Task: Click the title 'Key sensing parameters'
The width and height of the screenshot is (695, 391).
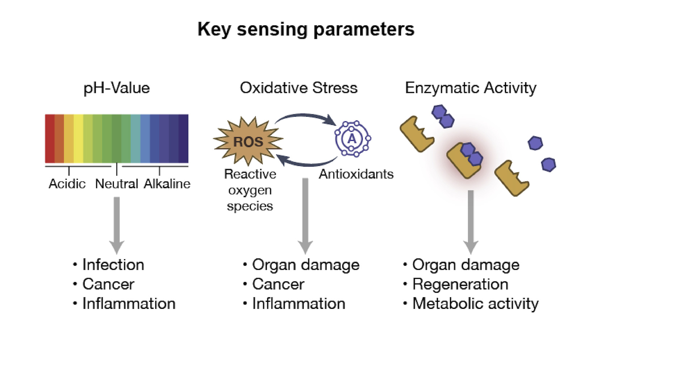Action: coord(306,29)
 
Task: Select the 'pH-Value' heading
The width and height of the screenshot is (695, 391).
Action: coord(117,88)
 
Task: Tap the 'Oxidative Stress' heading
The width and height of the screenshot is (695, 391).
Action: coord(299,88)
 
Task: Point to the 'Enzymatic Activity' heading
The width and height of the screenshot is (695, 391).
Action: coord(471,88)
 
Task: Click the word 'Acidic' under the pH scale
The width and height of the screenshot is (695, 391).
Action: coord(67,184)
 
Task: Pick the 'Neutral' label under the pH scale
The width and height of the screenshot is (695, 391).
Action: coord(117,184)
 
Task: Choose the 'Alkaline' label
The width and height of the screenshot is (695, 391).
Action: coord(167,184)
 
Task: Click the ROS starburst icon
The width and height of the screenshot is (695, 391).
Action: coord(248,141)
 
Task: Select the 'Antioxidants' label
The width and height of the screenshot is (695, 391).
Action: coord(356,174)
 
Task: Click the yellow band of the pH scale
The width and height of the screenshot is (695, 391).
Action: coord(79,139)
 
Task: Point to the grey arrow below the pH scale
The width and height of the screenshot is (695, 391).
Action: coord(117,225)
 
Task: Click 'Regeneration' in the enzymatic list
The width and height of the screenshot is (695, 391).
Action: coord(460,284)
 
